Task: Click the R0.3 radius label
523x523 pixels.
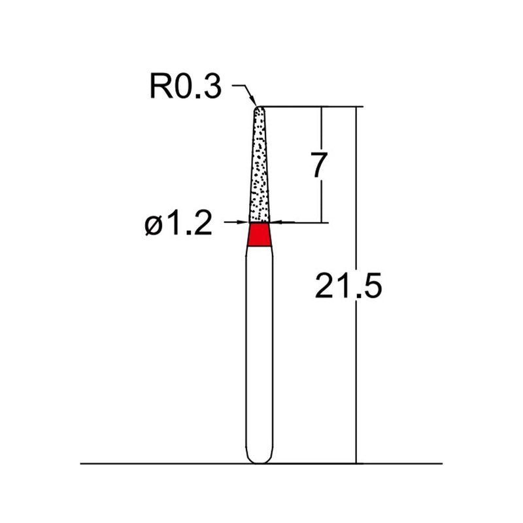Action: click(x=186, y=87)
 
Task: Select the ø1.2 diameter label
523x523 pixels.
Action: click(x=178, y=226)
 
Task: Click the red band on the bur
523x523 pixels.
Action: click(x=260, y=235)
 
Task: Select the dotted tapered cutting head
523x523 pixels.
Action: click(x=260, y=170)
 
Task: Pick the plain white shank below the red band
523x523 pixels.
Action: click(x=260, y=346)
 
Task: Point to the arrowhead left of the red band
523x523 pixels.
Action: click(x=244, y=223)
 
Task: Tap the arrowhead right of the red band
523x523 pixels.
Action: click(x=277, y=223)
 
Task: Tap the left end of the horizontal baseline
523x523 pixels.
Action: click(x=82, y=464)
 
